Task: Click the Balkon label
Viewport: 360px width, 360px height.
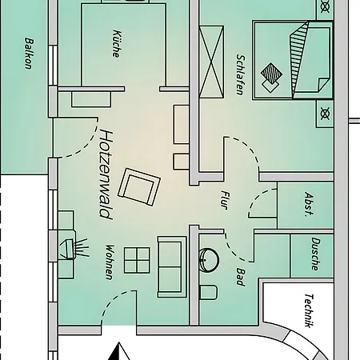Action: (x=30, y=54)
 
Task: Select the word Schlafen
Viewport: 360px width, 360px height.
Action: (x=240, y=75)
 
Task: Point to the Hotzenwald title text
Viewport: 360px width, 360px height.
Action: (x=106, y=174)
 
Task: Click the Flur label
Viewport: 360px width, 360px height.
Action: (x=225, y=200)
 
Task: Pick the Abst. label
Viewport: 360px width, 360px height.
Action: (x=309, y=205)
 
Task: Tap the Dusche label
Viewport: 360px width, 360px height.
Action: (x=315, y=254)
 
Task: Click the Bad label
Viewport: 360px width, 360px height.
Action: (x=240, y=277)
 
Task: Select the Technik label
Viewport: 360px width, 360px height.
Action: (x=309, y=310)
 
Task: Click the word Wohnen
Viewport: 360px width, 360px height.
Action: (x=110, y=262)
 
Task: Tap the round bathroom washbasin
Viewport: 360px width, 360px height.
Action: (x=209, y=260)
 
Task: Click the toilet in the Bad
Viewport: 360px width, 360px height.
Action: (x=208, y=292)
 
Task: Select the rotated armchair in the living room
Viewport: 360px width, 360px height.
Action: (x=139, y=186)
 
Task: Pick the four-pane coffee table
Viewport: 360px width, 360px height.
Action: (x=137, y=260)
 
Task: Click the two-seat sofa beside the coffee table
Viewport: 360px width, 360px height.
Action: (x=172, y=266)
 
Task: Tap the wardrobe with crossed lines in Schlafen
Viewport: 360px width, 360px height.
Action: (x=211, y=62)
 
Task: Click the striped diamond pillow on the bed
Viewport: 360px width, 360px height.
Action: (x=271, y=73)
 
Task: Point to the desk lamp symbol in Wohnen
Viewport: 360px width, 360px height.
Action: (x=74, y=249)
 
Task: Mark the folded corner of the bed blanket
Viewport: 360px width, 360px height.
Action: (x=324, y=85)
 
